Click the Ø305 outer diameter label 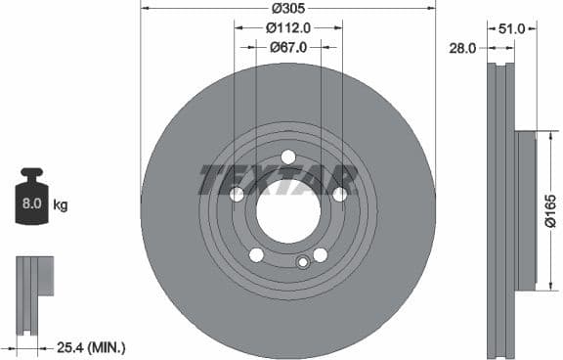click(x=288, y=9)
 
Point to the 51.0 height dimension click(x=511, y=29)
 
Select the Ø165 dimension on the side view click(x=551, y=210)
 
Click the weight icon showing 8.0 click(x=30, y=202)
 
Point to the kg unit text click(x=61, y=205)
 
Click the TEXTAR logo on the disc click(x=279, y=179)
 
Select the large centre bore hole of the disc click(x=288, y=210)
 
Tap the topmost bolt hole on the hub click(x=288, y=157)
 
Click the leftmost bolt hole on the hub click(x=238, y=195)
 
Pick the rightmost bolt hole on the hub click(x=339, y=195)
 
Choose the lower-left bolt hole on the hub click(x=256, y=254)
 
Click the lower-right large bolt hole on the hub click(x=320, y=254)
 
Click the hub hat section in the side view click(x=526, y=210)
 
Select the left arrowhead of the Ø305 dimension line click(x=144, y=9)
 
